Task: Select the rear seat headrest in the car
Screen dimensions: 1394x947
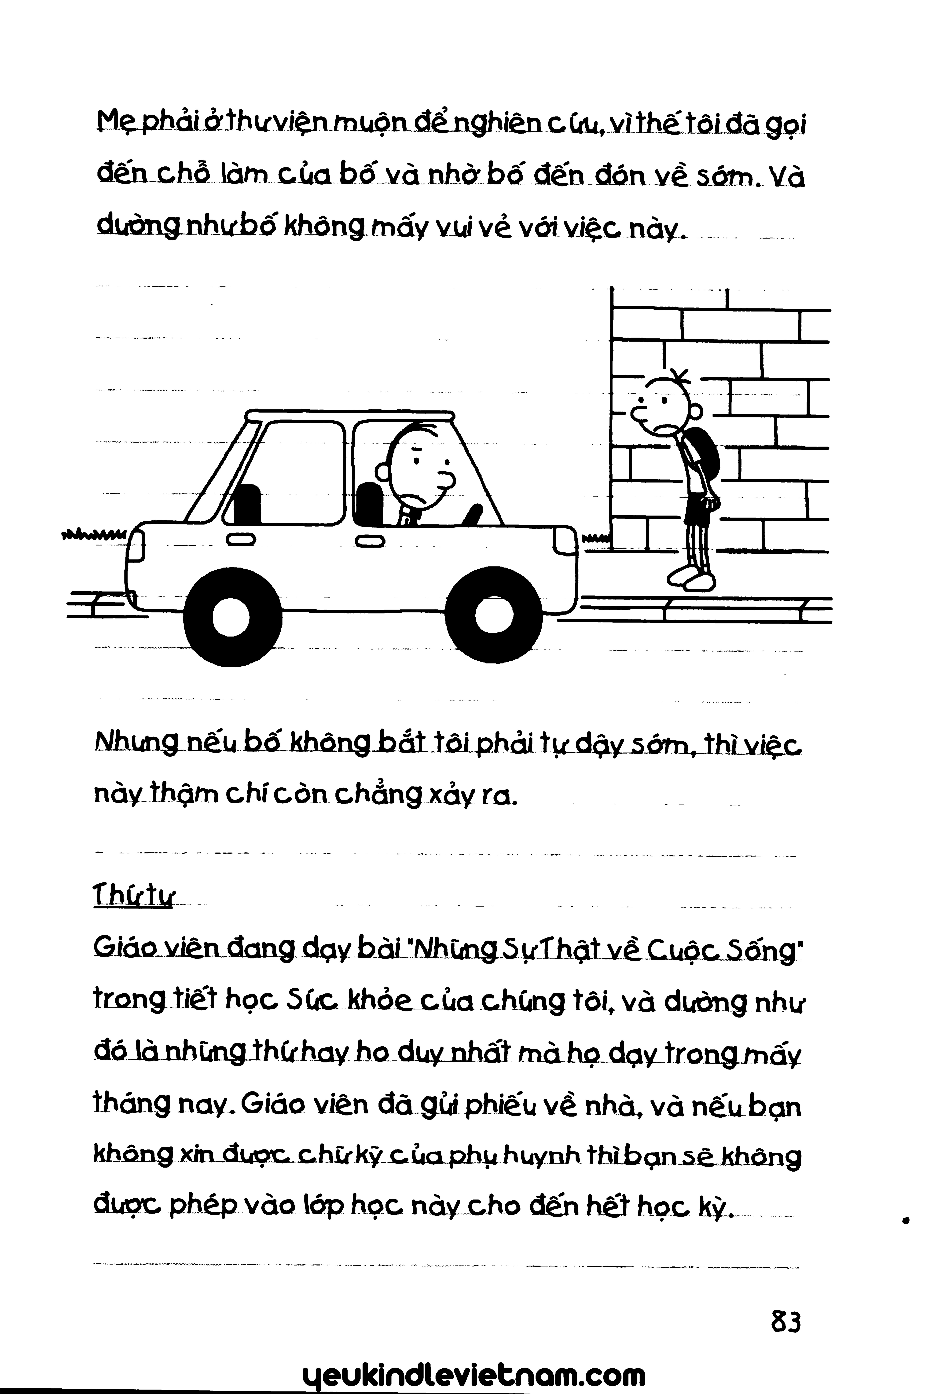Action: point(247,504)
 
